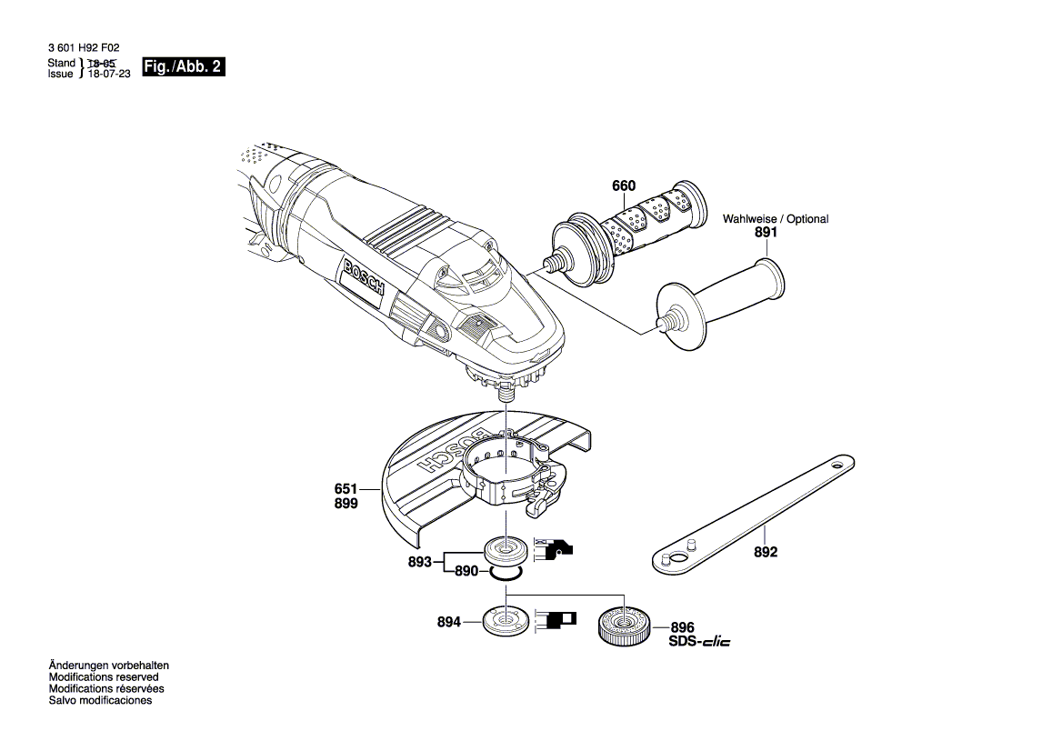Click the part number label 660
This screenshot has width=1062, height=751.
(x=624, y=186)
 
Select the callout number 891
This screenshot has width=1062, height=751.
(x=766, y=233)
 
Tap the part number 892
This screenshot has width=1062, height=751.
(x=766, y=552)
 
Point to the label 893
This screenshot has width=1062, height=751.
(x=419, y=562)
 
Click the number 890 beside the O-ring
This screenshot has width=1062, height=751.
(x=466, y=571)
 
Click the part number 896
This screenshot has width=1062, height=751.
(x=682, y=627)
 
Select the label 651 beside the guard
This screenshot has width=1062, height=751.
(x=346, y=488)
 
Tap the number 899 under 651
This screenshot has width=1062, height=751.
(x=346, y=503)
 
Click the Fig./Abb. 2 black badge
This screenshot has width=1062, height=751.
(x=183, y=68)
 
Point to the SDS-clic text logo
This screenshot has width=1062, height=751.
(x=699, y=642)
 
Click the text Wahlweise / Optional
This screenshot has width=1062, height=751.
(x=776, y=219)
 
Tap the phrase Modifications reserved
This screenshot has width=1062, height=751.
(x=104, y=677)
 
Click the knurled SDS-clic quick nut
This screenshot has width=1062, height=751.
(x=623, y=626)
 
